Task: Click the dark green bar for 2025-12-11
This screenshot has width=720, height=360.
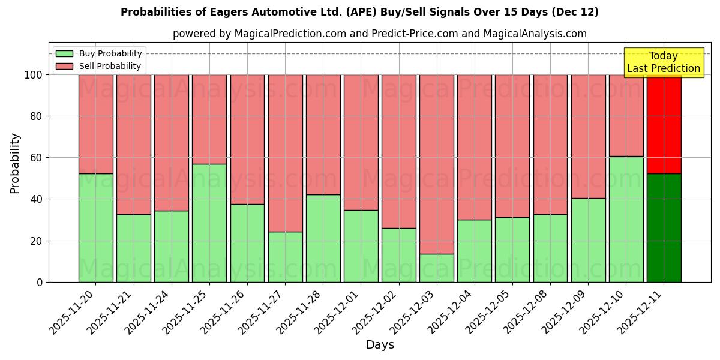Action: pos(664,228)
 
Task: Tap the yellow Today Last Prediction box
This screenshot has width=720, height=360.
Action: pos(664,62)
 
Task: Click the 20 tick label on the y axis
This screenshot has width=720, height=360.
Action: pos(37,241)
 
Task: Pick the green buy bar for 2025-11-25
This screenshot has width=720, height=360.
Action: pos(209,223)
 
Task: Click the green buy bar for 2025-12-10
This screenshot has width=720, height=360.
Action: pos(626,219)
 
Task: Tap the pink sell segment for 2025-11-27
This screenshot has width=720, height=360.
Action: pos(285,153)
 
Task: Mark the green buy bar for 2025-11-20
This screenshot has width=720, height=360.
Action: pos(95,227)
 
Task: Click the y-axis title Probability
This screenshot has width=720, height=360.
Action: pos(15,163)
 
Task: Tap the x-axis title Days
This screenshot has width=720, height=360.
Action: pos(380,345)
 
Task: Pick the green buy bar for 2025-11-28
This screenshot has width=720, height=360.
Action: pos(323,238)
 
